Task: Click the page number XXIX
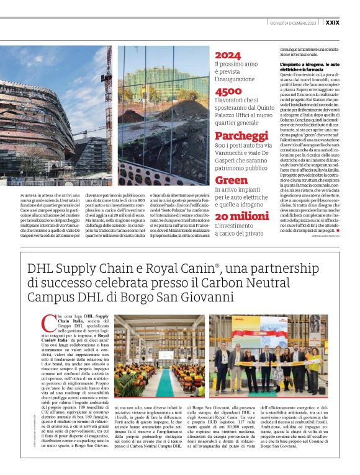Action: (333, 22)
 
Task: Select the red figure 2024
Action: (228, 55)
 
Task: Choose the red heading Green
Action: (231, 180)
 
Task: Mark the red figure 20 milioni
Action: (241, 216)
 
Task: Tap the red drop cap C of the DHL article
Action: (45, 322)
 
